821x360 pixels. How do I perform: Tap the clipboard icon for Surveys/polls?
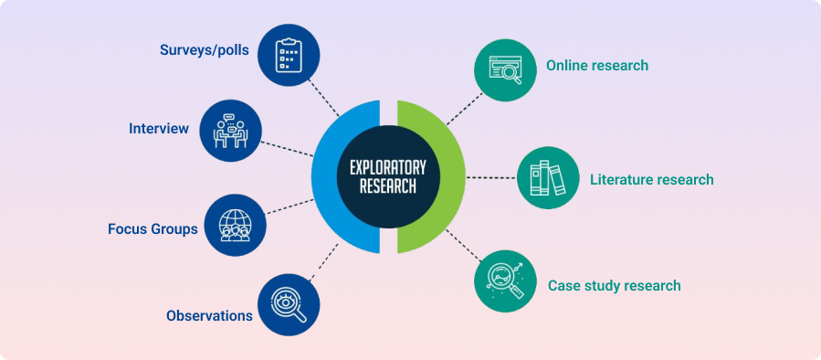coord(289,54)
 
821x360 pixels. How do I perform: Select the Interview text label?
coord(159,129)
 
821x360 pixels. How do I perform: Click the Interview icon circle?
coord(230,130)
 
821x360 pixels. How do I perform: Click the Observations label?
coord(209,315)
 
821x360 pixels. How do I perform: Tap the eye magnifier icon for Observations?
coord(289,304)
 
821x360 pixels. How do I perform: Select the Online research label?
coord(596,66)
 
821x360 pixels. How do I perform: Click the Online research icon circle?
coord(505,69)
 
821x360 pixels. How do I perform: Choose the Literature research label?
coord(651,180)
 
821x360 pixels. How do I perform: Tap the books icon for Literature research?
coord(548,177)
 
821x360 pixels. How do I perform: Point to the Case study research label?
coord(614,286)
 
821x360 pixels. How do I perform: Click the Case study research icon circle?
coord(505,281)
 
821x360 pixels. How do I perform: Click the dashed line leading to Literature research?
coord(491,177)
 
